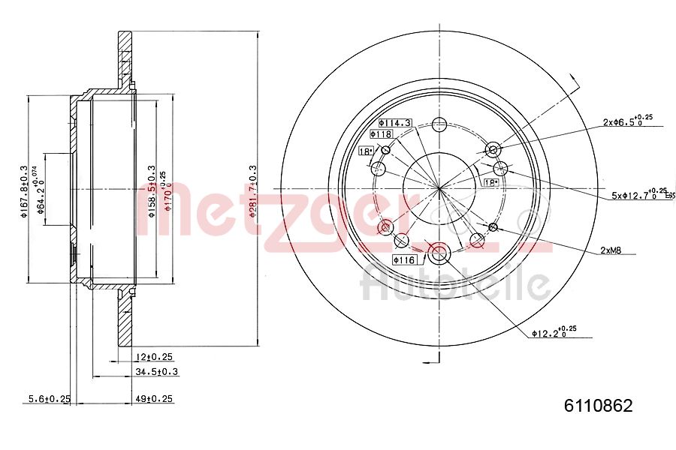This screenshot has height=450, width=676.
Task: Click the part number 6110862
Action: point(598,406)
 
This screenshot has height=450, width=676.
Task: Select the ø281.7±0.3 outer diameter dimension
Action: point(254,192)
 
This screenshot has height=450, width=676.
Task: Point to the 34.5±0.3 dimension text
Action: point(156,371)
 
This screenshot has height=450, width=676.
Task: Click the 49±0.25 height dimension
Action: point(155,399)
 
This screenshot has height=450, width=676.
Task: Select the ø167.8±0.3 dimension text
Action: point(23,191)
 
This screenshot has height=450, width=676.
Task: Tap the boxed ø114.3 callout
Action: point(395,122)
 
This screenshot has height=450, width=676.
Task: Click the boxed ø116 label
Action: point(403,259)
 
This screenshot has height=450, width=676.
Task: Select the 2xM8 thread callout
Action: point(610,251)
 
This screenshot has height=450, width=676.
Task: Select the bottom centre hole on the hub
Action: point(439,252)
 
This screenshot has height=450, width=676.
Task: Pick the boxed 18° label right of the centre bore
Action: point(491,182)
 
